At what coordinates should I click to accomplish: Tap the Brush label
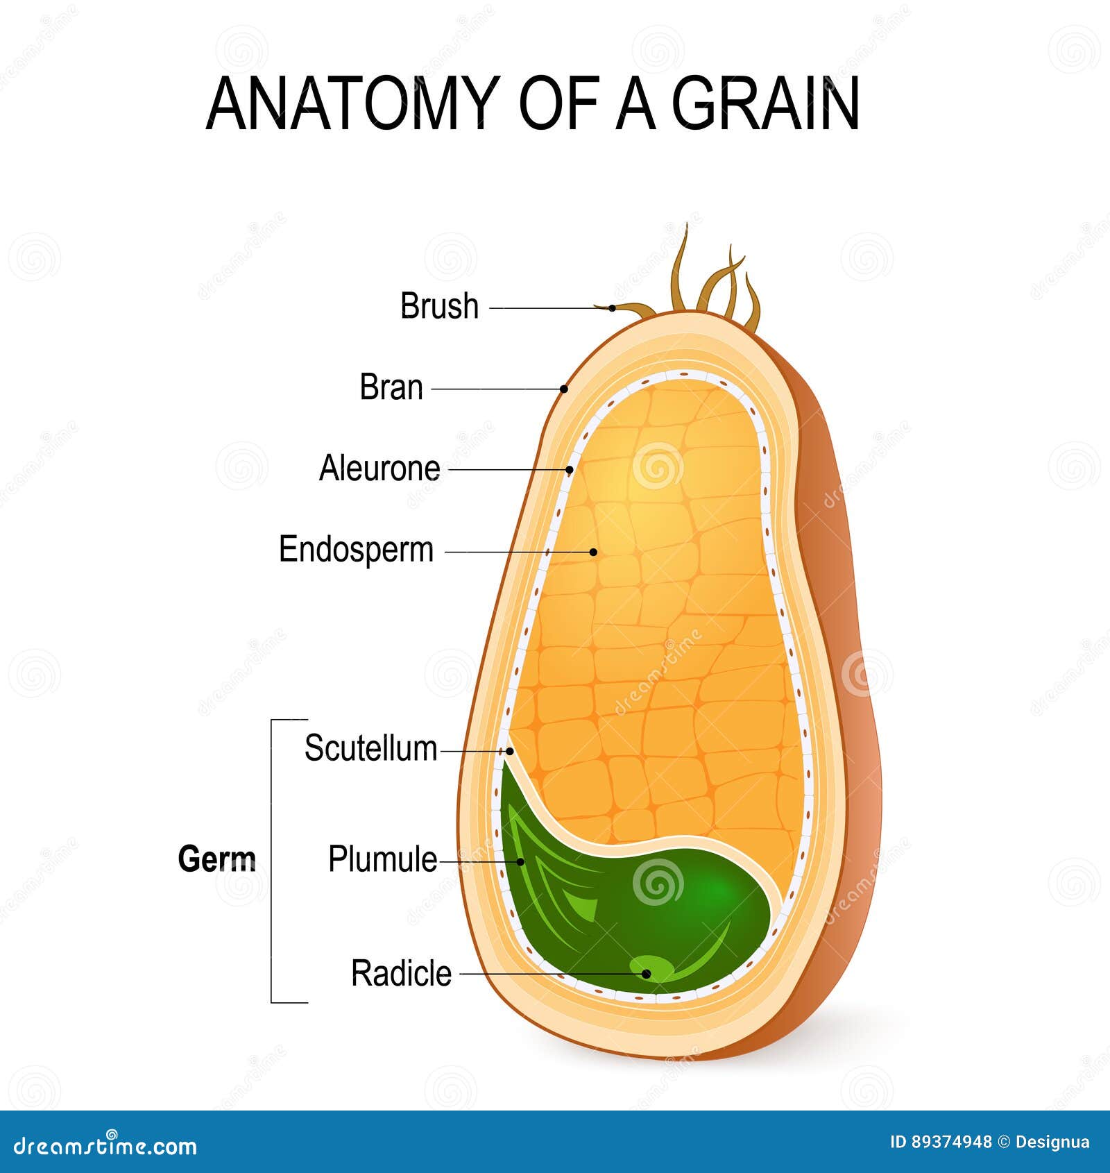tap(440, 306)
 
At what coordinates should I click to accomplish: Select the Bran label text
tap(391, 387)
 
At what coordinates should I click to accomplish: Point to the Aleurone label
tap(379, 469)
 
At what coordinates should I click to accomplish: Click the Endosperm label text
tap(356, 550)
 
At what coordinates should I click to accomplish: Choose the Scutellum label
tap(371, 748)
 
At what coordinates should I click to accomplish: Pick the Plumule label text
tap(382, 859)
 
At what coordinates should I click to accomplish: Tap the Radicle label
tap(401, 973)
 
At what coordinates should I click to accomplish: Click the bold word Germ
tap(217, 859)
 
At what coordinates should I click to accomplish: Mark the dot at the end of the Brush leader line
tap(613, 308)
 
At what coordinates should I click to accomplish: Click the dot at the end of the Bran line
tap(564, 389)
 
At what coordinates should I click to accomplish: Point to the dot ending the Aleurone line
tap(570, 470)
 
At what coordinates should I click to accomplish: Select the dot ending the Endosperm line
tap(593, 552)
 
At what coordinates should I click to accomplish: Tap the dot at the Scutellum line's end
tap(510, 751)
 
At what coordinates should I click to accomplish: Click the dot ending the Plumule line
tap(521, 862)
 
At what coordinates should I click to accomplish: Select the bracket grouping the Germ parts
tap(272, 861)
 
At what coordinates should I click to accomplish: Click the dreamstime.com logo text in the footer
tap(105, 1146)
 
